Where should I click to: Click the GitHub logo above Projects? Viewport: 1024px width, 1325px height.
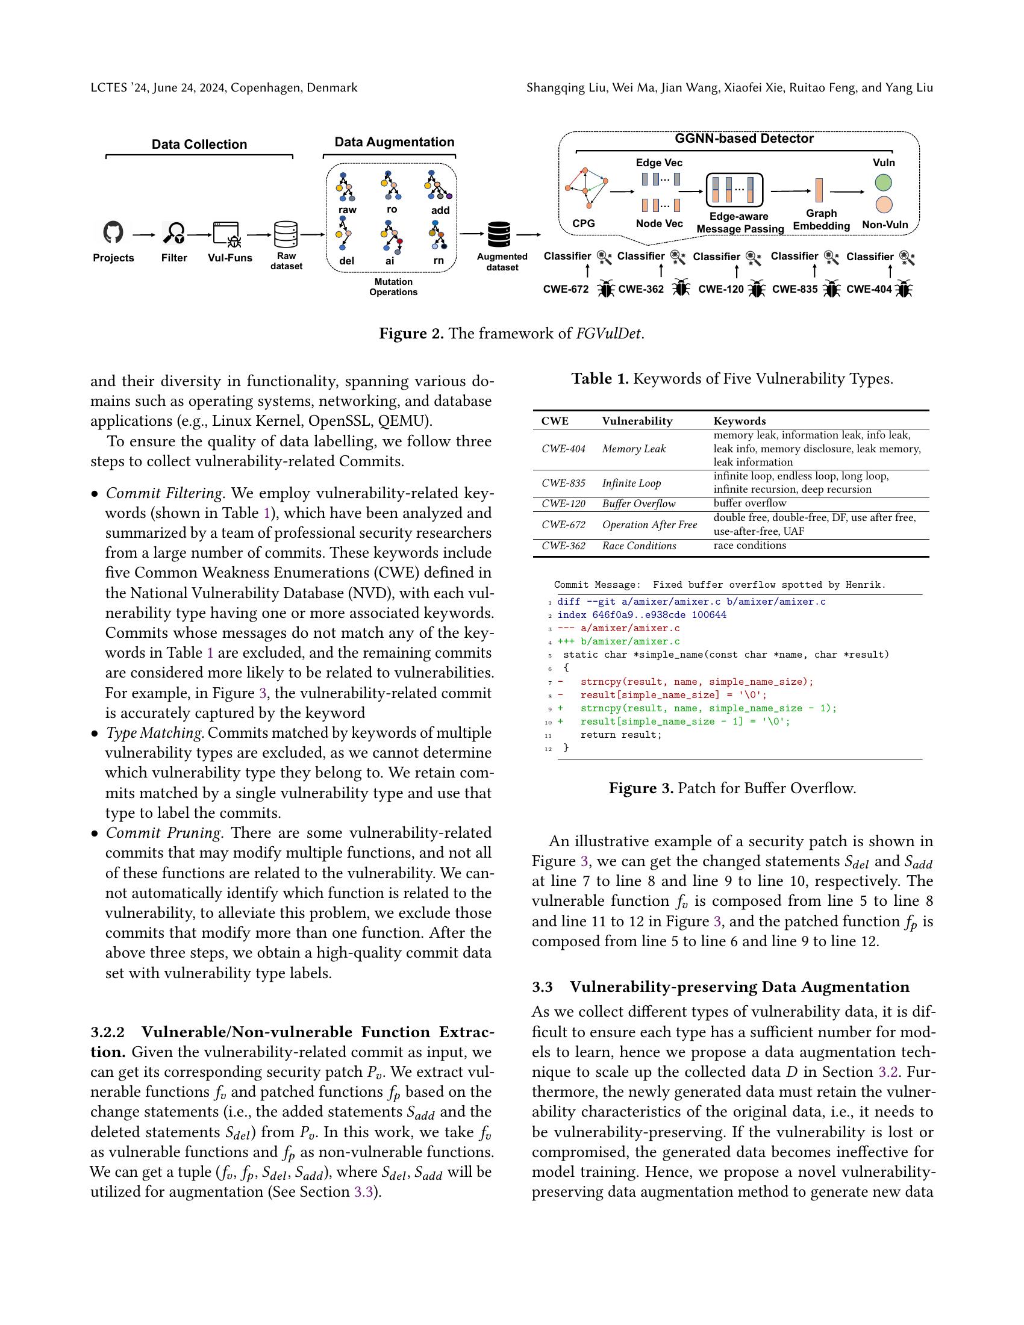pos(113,232)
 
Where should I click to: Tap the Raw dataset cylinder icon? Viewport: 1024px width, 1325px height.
pos(286,234)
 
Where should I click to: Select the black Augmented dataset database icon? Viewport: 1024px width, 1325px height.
pos(499,234)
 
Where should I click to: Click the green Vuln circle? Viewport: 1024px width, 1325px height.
pos(884,182)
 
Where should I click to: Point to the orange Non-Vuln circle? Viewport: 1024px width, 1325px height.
pos(884,205)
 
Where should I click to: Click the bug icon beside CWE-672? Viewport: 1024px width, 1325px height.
pos(605,288)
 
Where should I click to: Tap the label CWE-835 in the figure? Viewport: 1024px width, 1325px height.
pos(795,289)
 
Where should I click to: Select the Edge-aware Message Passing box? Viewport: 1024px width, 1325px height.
pos(735,190)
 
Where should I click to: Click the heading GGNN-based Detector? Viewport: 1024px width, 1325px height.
pos(744,139)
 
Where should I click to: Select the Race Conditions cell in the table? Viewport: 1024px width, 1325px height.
pos(638,546)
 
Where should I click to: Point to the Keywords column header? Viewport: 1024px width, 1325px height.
pos(739,420)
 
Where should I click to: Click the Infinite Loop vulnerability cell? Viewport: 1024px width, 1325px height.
pos(631,483)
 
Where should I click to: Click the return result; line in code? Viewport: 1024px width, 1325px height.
pos(620,735)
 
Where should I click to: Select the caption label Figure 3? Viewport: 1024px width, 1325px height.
pos(641,788)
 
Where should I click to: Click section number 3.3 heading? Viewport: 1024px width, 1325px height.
pos(542,987)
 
